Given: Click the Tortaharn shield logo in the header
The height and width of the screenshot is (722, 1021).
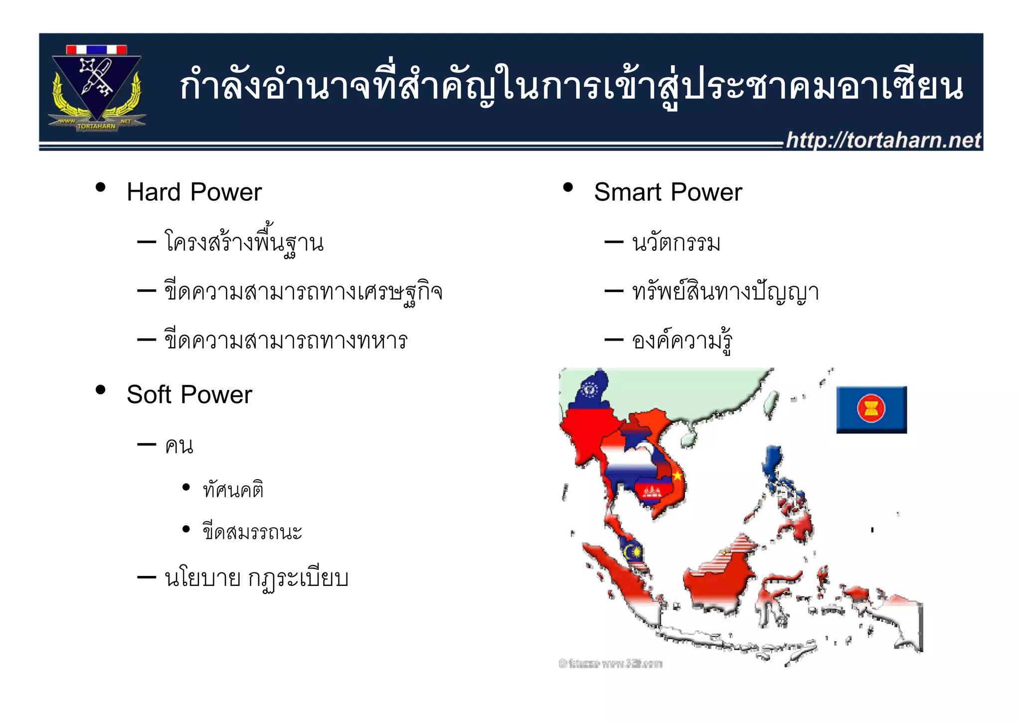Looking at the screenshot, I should coord(97,87).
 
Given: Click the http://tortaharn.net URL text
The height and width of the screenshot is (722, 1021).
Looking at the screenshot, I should coord(883,140).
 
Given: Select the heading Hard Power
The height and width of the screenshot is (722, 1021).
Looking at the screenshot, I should coord(194,192).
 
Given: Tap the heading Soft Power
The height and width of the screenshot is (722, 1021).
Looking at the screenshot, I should coord(189,394).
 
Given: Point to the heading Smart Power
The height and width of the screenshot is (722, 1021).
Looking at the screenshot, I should coord(668,192).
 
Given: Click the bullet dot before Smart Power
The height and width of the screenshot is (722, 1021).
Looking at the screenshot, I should coord(567,188).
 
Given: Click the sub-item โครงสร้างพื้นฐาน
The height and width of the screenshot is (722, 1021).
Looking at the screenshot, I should coord(244,243).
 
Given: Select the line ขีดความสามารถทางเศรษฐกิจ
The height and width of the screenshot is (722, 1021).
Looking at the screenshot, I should coord(303,292).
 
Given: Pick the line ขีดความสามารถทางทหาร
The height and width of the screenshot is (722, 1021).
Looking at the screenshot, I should coord(286,341).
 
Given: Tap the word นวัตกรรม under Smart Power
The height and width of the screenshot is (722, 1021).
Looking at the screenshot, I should coord(676,243).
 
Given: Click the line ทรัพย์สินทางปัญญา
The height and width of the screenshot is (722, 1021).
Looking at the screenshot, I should coord(725,292).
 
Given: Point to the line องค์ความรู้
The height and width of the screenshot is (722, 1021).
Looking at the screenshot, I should coord(681,341).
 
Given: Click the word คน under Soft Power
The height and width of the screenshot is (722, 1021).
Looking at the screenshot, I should coord(179,445).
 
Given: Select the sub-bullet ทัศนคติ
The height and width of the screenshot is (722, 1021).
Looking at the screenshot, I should coord(233,490).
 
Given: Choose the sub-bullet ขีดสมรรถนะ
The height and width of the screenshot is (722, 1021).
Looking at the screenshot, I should coord(252,532).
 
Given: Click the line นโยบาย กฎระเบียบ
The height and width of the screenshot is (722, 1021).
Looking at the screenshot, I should coord(256,578).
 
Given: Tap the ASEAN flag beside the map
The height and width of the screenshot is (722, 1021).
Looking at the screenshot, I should coord(871,409).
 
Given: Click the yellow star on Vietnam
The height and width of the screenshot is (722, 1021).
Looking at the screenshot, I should coord(678,476).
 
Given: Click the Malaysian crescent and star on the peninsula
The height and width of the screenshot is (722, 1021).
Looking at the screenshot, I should coord(631,551).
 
